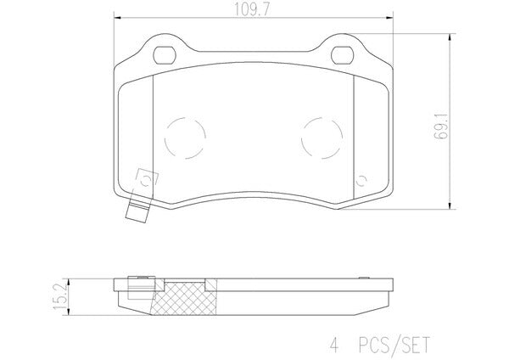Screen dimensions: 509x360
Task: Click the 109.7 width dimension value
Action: click(252, 10)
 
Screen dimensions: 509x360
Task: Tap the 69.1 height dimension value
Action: click(442, 127)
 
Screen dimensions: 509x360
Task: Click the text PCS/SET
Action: click(394, 345)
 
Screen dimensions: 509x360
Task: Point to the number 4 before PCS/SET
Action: click(334, 345)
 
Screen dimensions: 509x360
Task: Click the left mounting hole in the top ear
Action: click(165, 55)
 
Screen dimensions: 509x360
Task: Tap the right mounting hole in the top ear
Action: click(343, 55)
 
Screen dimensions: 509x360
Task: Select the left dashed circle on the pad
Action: click(185, 138)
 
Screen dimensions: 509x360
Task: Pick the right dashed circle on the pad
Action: click(322, 138)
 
